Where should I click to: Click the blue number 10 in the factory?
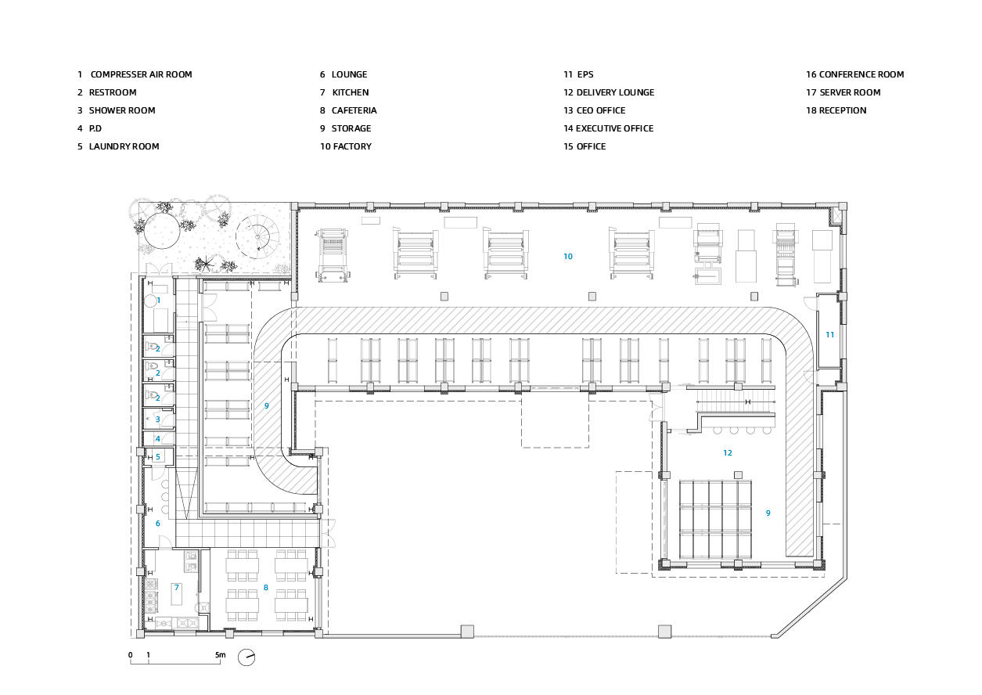568,257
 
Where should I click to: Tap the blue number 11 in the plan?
830,334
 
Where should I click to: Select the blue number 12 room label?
728,453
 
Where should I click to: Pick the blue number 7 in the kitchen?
177,587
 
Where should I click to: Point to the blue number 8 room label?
266,588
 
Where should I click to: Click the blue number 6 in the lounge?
158,523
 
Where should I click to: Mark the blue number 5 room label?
158,457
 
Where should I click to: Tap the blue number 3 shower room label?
158,420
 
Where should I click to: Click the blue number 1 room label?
159,301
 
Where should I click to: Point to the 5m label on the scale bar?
221,655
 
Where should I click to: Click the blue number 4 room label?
158,438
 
